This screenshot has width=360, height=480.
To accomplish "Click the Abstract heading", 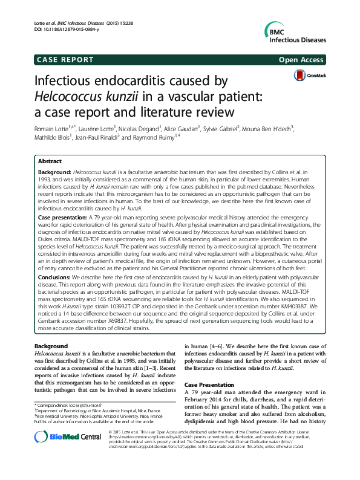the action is coord(50,162).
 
